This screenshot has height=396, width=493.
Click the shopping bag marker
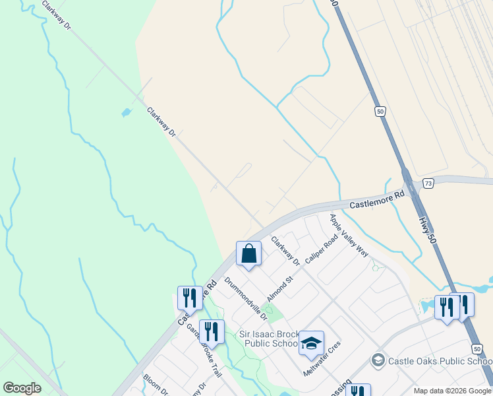click(248, 254)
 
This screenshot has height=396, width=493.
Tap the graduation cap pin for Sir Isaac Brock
click(311, 344)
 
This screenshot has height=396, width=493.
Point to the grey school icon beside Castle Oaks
click(378, 360)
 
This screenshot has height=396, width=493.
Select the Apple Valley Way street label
click(349, 235)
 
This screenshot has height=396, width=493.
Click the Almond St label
click(279, 288)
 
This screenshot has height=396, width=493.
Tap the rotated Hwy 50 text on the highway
click(429, 225)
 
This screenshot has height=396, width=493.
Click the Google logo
click(22, 388)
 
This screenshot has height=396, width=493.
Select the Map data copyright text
click(452, 391)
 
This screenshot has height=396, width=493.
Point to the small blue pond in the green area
click(126, 113)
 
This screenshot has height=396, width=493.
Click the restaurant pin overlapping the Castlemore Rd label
click(190, 299)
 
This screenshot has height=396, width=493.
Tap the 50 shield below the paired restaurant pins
click(477, 347)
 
